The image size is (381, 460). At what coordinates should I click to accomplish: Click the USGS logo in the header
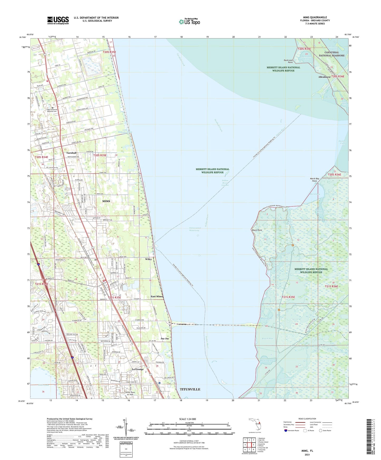(x=58, y=20)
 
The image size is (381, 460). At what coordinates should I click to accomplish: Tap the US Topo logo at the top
(x=189, y=21)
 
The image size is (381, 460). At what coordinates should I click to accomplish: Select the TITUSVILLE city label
(x=190, y=389)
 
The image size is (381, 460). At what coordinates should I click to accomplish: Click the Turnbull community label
(x=71, y=153)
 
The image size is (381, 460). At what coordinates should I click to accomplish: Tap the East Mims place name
(x=157, y=296)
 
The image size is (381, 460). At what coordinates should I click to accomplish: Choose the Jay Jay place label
(x=165, y=339)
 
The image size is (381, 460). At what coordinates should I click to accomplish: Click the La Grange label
(x=138, y=369)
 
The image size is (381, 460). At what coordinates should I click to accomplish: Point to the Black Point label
(x=257, y=230)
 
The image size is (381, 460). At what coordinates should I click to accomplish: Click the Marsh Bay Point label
(x=314, y=180)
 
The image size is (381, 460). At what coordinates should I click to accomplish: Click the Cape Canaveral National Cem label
(x=51, y=110)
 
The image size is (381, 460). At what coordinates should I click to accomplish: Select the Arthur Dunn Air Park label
(x=131, y=393)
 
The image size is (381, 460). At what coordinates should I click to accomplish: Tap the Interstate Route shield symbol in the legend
(x=286, y=431)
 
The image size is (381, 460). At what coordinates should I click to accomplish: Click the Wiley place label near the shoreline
(x=148, y=259)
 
